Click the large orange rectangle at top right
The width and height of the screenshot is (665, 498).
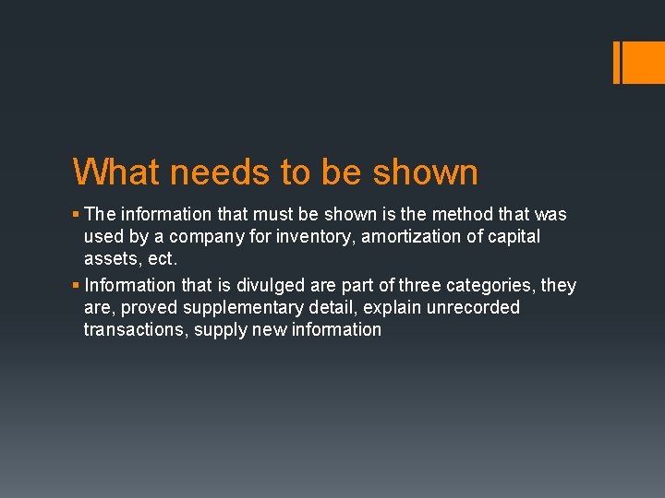pos(644,63)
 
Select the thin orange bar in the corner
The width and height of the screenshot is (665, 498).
pos(617,63)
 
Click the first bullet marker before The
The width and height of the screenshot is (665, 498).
pos(77,215)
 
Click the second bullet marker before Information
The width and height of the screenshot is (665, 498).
pos(77,286)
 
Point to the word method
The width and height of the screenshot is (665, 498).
pos(463,214)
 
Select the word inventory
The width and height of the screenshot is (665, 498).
pos(305,237)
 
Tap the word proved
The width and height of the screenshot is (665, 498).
pos(149,307)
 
